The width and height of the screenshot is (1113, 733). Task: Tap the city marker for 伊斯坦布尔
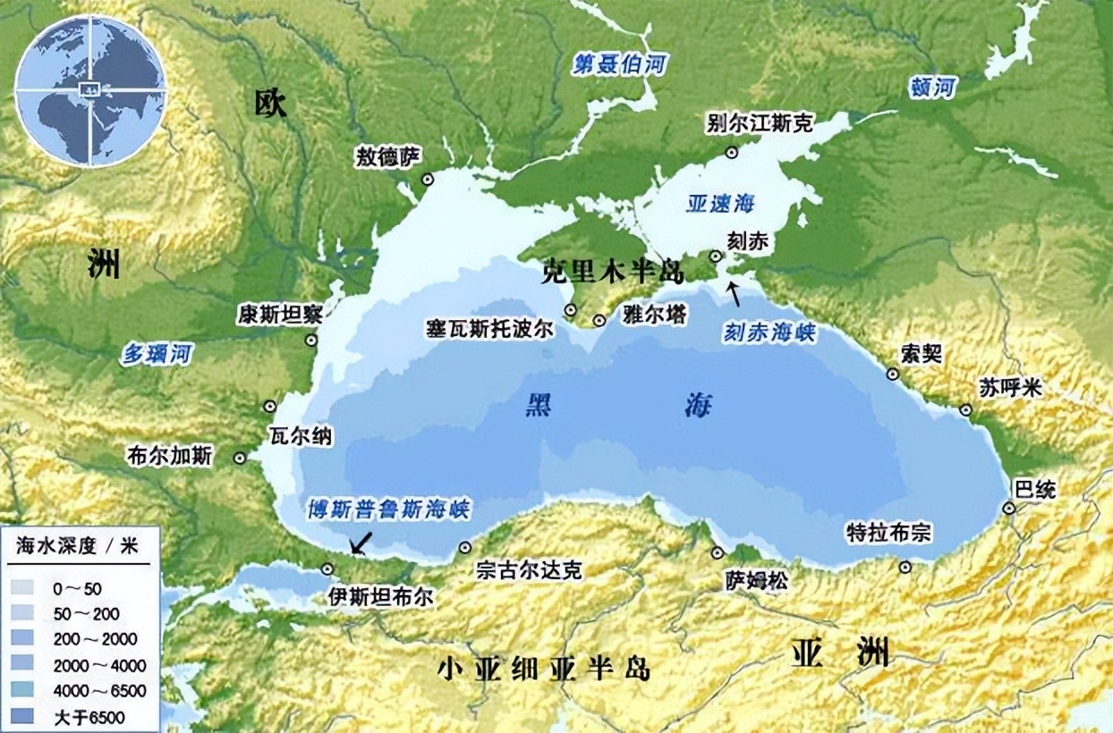[328, 569]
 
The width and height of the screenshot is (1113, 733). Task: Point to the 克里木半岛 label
[613, 272]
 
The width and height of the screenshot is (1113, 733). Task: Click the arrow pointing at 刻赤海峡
[735, 292]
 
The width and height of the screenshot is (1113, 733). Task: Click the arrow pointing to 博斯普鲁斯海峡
[361, 542]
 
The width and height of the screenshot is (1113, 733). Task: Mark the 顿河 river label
[931, 87]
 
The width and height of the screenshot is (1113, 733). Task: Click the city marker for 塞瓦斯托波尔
[570, 310]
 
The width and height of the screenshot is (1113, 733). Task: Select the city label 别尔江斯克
[758, 123]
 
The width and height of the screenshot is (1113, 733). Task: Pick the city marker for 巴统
[1008, 509]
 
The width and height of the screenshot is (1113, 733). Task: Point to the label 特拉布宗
[889, 534]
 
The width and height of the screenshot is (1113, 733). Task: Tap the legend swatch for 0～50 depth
[27, 589]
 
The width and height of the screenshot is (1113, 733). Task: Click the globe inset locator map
[89, 90]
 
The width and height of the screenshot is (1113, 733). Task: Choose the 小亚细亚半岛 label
[545, 669]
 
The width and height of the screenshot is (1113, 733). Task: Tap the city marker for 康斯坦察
[311, 340]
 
